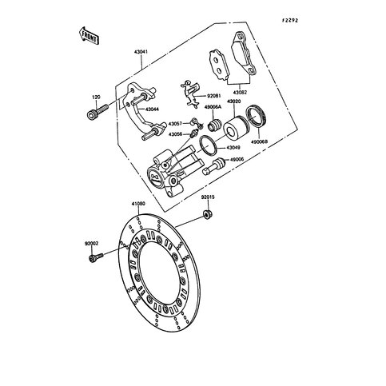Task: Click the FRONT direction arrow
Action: (89, 35)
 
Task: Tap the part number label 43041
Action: (141, 52)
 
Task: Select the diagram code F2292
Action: (290, 20)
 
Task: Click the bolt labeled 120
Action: (97, 112)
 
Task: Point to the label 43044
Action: (152, 109)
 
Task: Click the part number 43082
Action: (240, 93)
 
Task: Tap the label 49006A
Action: (213, 107)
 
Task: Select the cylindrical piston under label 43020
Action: (235, 128)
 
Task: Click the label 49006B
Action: (259, 141)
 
